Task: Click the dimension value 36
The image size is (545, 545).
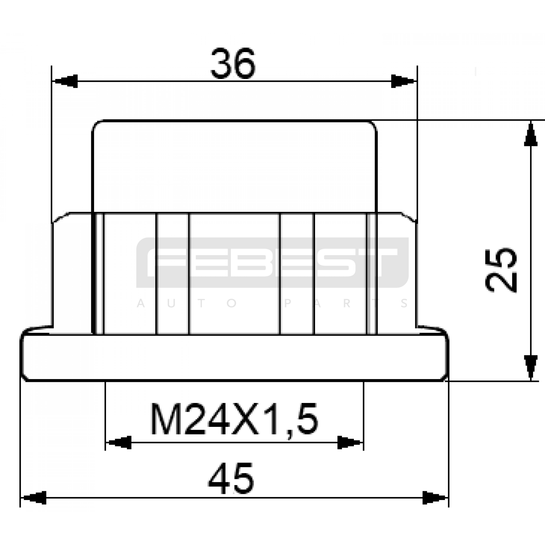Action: (233, 64)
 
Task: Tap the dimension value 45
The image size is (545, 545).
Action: (231, 479)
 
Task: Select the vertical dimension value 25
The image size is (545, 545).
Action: (501, 270)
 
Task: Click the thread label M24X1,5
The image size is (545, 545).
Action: (234, 419)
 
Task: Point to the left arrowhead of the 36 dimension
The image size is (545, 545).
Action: (65, 81)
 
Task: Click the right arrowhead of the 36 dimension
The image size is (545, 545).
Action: (404, 81)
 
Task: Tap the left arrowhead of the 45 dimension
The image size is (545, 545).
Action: (33, 498)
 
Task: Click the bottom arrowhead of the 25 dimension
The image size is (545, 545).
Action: (530, 368)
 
